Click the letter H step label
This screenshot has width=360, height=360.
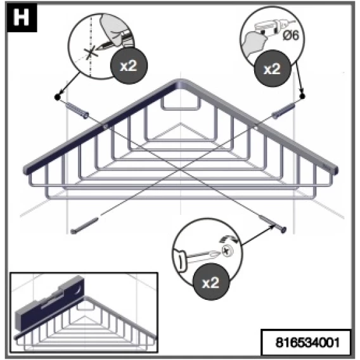[x=22, y=17]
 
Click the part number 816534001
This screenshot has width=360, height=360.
[x=307, y=342]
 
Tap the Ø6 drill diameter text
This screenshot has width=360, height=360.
[x=291, y=35]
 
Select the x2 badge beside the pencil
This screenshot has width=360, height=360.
[x=129, y=66]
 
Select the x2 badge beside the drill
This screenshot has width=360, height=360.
[x=273, y=68]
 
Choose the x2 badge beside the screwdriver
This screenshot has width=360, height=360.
[x=211, y=282]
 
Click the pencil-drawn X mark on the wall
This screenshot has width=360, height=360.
[x=91, y=53]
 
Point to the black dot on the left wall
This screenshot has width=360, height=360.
[x=58, y=97]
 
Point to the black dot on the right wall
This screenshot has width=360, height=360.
[x=302, y=96]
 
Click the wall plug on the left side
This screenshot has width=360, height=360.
[x=77, y=111]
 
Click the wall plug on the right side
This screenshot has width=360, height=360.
[x=283, y=111]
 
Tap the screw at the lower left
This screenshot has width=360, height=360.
[x=84, y=226]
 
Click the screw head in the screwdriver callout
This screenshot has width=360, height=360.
[x=228, y=250]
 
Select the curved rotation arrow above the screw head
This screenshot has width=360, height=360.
[x=229, y=240]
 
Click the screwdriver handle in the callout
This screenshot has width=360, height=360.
[x=181, y=260]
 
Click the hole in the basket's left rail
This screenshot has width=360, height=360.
[x=105, y=126]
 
